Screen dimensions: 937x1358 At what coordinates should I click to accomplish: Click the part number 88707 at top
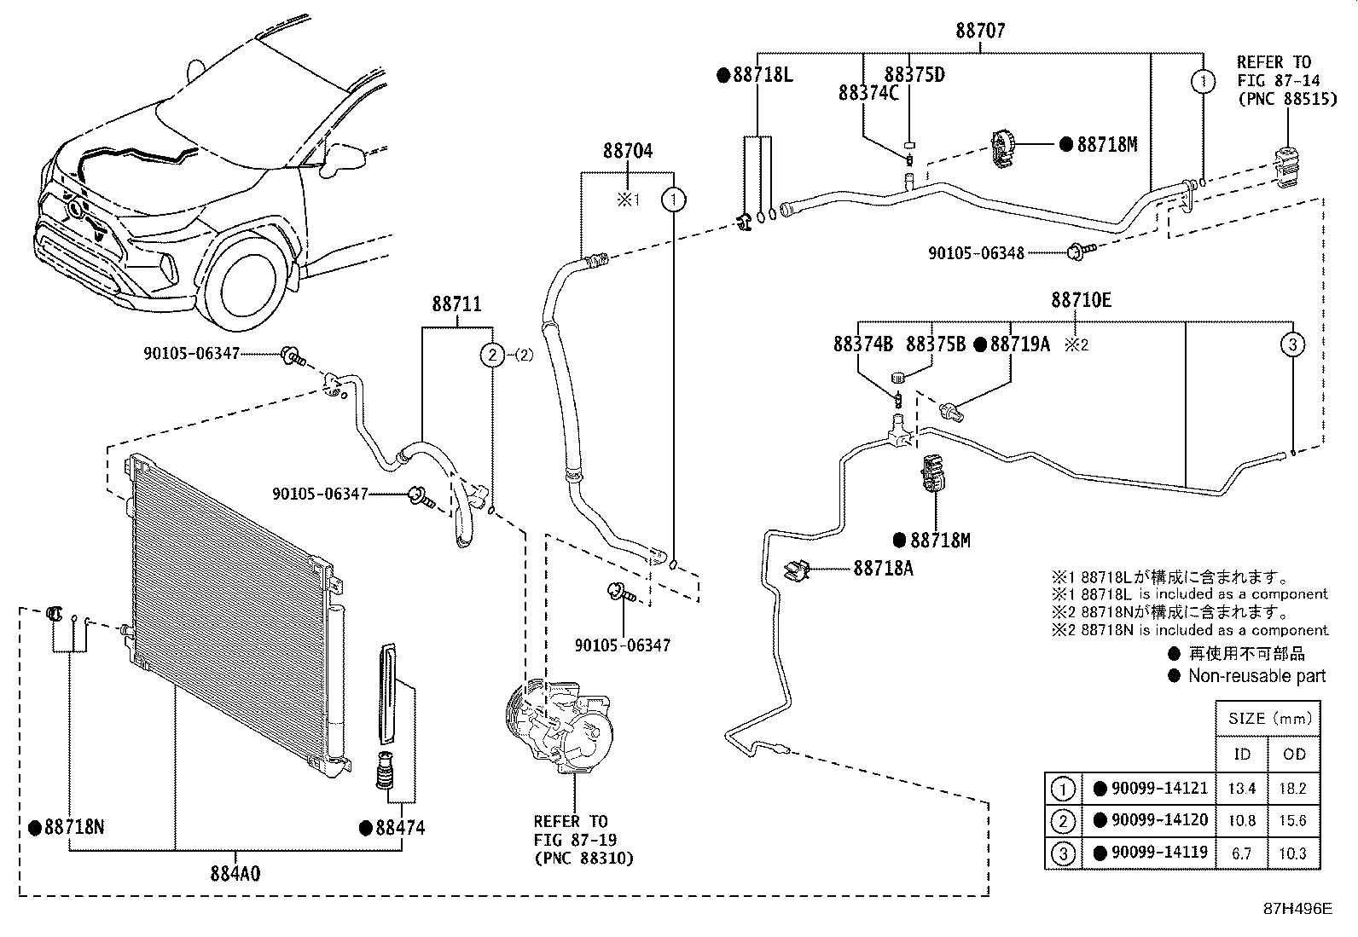click(x=979, y=32)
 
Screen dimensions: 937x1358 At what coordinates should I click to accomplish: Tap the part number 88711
click(x=456, y=304)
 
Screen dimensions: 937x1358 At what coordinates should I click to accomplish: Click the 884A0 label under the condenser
click(x=235, y=874)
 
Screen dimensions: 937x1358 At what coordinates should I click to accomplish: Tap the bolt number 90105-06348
click(x=976, y=252)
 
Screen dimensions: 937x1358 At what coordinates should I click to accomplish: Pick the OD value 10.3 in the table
click(x=1293, y=853)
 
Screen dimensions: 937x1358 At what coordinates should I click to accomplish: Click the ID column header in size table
click(x=1241, y=755)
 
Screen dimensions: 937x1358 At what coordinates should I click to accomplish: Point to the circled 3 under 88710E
click(x=1292, y=344)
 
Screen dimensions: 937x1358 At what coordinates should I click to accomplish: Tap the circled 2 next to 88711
click(x=492, y=356)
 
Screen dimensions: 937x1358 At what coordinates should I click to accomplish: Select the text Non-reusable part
click(x=1256, y=676)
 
